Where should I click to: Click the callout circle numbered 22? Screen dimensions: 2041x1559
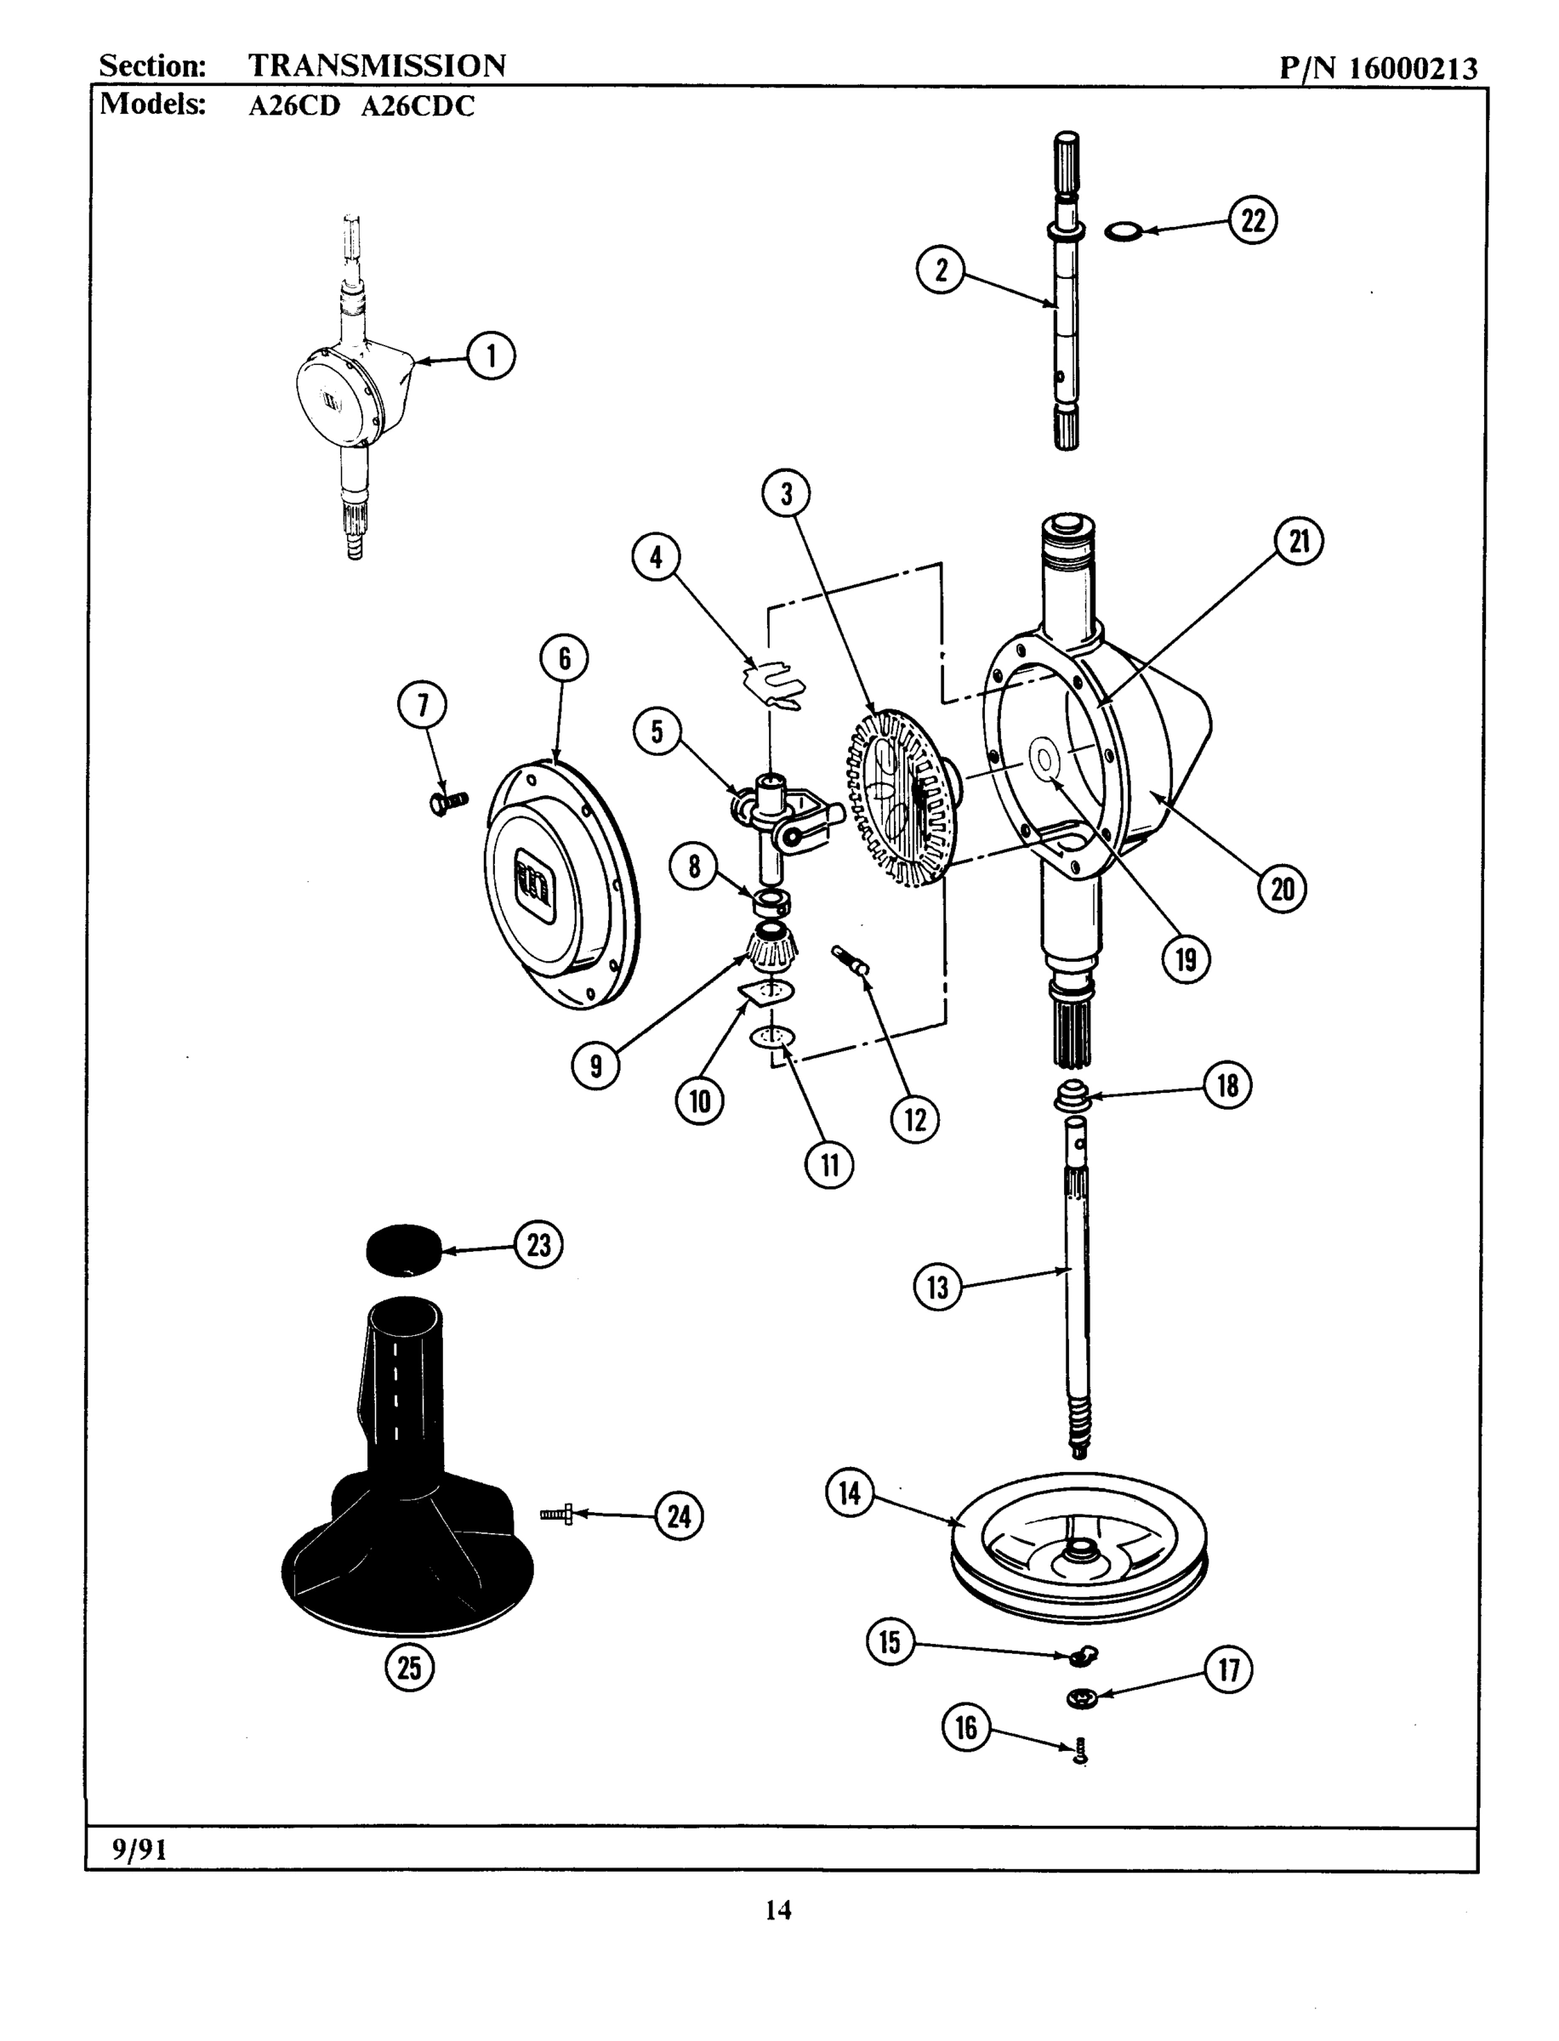click(1253, 222)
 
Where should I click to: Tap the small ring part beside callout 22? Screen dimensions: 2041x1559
click(1123, 230)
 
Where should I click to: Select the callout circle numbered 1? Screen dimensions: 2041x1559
click(490, 356)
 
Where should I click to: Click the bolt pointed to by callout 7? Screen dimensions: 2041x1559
click(448, 803)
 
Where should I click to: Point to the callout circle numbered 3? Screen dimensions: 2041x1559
click(786, 493)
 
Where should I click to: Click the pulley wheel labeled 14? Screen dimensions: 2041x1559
click(1079, 1547)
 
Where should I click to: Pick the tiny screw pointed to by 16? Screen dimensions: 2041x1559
click(1080, 1751)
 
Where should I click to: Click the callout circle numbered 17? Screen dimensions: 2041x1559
click(1227, 1670)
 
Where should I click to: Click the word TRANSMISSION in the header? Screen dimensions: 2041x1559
click(377, 65)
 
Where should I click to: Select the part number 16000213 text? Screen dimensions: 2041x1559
click(1413, 69)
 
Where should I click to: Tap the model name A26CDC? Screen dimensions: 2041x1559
click(417, 106)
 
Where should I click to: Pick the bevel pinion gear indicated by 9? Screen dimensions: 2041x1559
click(772, 950)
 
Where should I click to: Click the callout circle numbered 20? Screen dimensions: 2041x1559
click(1282, 889)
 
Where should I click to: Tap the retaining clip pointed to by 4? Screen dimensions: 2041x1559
click(777, 685)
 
